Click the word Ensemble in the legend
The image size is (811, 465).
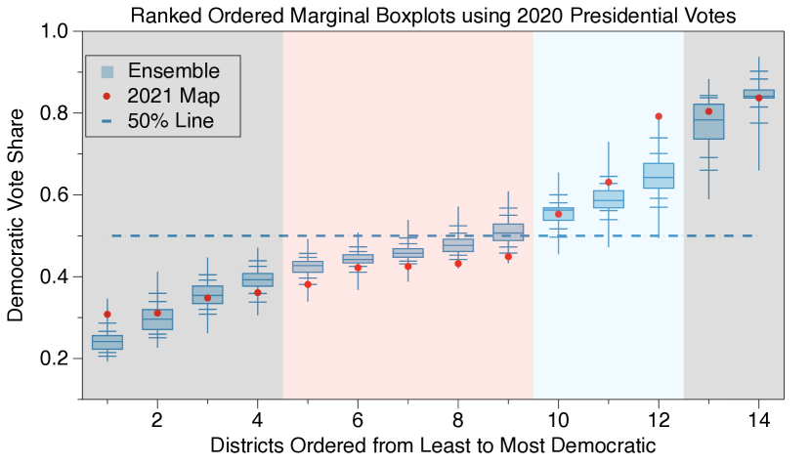point(174,71)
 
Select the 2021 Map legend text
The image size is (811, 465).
point(173,96)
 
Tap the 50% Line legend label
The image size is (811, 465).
point(170,121)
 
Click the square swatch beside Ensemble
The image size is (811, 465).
point(107,71)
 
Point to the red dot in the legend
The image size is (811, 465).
point(107,96)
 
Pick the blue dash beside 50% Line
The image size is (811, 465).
point(107,121)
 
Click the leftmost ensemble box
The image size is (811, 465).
point(107,342)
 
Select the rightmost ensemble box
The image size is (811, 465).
point(758,94)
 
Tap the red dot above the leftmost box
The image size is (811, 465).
point(107,315)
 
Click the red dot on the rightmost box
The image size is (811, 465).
point(758,98)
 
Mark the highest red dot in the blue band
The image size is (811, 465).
point(659,116)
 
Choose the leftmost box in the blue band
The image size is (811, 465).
point(558,214)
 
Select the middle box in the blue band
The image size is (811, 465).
point(608,199)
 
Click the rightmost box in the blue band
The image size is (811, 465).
point(659,176)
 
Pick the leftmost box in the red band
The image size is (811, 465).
point(308,267)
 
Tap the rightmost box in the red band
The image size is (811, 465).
point(508,232)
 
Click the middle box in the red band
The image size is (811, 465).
point(407,253)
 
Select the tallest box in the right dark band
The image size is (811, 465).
point(708,122)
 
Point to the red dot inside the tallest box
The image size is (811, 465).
point(708,111)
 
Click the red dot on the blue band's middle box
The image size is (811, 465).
point(608,182)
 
